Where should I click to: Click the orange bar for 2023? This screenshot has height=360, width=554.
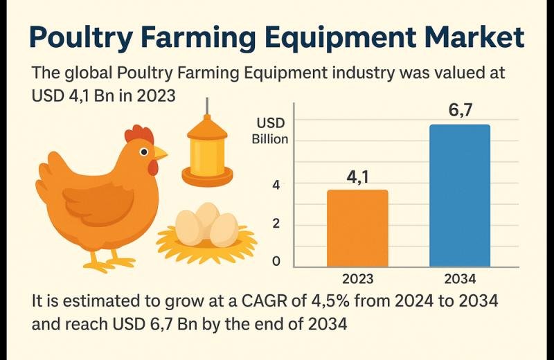(x=357, y=228)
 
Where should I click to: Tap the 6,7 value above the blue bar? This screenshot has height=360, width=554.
(x=460, y=109)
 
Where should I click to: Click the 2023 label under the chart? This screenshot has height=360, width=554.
(x=358, y=279)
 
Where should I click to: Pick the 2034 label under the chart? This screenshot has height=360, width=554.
(x=460, y=279)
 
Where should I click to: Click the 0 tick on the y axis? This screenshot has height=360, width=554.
(x=276, y=262)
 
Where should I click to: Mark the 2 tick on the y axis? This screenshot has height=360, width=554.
(x=276, y=224)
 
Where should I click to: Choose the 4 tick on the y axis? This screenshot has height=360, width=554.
(x=276, y=185)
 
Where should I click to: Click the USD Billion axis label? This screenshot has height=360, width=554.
(x=271, y=131)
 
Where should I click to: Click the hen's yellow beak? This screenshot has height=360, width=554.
(x=161, y=152)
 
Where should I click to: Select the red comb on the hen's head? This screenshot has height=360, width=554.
(x=138, y=132)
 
